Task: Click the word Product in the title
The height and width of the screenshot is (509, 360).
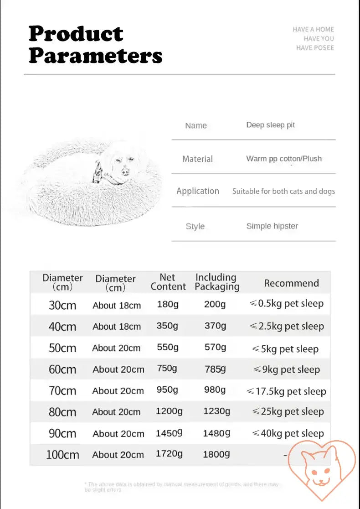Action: click(76, 34)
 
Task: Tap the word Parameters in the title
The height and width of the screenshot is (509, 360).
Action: click(96, 56)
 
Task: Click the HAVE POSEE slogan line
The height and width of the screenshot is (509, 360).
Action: click(315, 47)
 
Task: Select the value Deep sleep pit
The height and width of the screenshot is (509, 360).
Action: click(271, 125)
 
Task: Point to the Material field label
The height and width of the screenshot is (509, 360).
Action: click(197, 159)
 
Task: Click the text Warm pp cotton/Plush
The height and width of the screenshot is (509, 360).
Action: click(284, 159)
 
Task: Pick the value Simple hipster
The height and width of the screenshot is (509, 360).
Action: click(272, 226)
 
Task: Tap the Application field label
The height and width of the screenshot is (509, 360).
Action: click(198, 191)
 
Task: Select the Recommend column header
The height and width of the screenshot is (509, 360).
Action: click(291, 283)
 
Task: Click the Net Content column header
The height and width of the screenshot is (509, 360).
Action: click(168, 282)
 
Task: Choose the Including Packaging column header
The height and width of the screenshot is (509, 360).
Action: click(216, 282)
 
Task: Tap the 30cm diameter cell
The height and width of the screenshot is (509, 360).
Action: click(62, 305)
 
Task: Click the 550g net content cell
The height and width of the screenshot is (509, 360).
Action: click(168, 347)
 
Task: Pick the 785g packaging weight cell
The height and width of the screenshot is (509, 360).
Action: click(215, 369)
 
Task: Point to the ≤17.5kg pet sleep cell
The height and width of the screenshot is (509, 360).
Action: click(287, 391)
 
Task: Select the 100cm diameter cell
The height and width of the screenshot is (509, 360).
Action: click(62, 455)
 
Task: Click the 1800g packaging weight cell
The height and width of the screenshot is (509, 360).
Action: click(216, 454)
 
